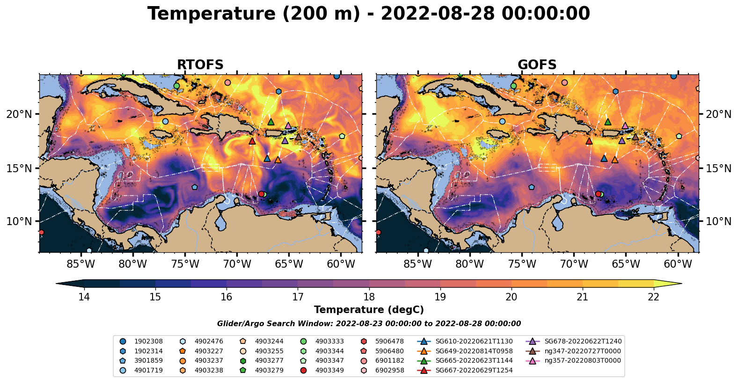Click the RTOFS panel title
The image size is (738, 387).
pos(200,65)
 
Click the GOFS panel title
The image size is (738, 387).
pos(537,65)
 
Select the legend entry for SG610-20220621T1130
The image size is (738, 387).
pos(474,342)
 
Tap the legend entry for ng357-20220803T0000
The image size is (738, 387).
pos(582,361)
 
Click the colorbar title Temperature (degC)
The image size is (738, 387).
pos(369,310)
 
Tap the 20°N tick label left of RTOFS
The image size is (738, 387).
pos(19,114)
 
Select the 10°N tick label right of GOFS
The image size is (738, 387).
pos(718,221)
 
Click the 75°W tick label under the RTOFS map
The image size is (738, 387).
pos(185,264)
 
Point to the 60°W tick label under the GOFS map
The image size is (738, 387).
pos(678,264)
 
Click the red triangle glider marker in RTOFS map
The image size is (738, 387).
pos(252,141)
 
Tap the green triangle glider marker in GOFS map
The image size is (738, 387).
pos(608,122)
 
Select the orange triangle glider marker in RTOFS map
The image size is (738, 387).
pos(278,160)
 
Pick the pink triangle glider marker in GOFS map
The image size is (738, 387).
pos(625,125)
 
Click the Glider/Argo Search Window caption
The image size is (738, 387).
pos(369,324)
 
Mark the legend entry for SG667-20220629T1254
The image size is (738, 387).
pos(474,371)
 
